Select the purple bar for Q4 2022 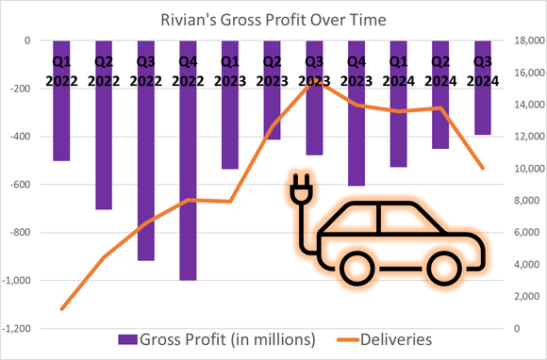pyautogui.click(x=188, y=188)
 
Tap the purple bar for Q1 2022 pyautogui.click(x=61, y=123)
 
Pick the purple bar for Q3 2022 pyautogui.click(x=145, y=170)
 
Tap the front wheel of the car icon pyautogui.click(x=442, y=270)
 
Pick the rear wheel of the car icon pyautogui.click(x=356, y=270)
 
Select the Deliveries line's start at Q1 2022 pyautogui.click(x=62, y=308)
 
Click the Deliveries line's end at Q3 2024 pyautogui.click(x=483, y=169)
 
